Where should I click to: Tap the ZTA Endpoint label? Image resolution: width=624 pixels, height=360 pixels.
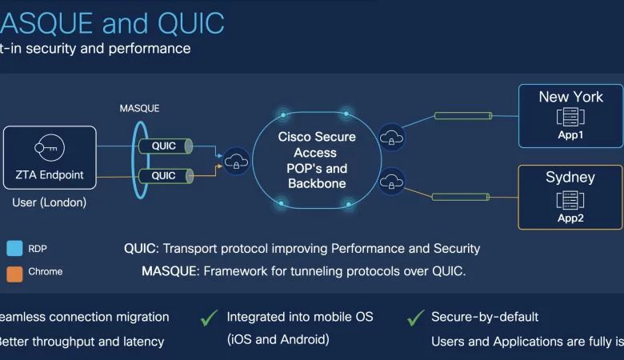point(50,175)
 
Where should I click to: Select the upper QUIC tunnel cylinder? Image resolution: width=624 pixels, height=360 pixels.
point(163,146)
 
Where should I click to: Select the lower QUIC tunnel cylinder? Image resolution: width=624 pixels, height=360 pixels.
point(163,175)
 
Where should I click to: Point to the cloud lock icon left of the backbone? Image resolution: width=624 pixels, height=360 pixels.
point(236,161)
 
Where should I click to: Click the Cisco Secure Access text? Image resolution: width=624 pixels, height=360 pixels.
point(317,145)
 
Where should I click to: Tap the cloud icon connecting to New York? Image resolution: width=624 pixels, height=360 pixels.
point(391,137)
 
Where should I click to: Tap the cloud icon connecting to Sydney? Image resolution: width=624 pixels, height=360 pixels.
point(391,181)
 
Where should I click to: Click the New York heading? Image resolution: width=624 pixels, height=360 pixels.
point(570,97)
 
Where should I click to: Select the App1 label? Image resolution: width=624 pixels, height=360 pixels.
point(570,135)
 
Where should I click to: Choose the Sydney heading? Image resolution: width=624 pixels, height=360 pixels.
point(570,177)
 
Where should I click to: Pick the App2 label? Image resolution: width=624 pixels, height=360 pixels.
point(570,217)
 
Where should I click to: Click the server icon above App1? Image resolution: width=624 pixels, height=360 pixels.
point(570,118)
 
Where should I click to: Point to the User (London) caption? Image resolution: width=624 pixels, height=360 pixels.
point(50,202)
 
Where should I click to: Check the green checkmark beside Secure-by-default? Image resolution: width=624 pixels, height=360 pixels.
point(415,318)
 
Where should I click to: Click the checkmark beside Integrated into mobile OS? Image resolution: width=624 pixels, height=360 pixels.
point(210,318)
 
